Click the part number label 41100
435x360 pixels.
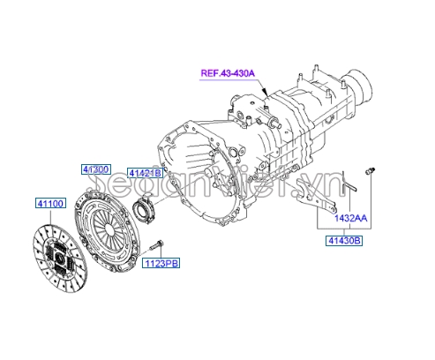pyautogui.click(x=50, y=203)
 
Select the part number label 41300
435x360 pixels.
pyautogui.click(x=96, y=169)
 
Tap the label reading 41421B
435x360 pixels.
pyautogui.click(x=145, y=173)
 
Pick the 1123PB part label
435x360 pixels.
pyautogui.click(x=161, y=263)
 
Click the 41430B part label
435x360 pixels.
pyautogui.click(x=344, y=241)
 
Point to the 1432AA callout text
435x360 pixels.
pyautogui.click(x=351, y=218)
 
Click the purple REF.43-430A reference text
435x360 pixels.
pyautogui.click(x=228, y=73)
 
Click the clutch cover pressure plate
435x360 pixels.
pyautogui.click(x=106, y=230)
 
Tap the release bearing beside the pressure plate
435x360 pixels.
pyautogui.click(x=145, y=209)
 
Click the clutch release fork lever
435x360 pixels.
pyautogui.click(x=316, y=198)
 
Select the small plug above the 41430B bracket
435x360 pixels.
pyautogui.click(x=370, y=171)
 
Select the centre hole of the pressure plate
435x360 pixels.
pyautogui.click(x=109, y=229)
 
